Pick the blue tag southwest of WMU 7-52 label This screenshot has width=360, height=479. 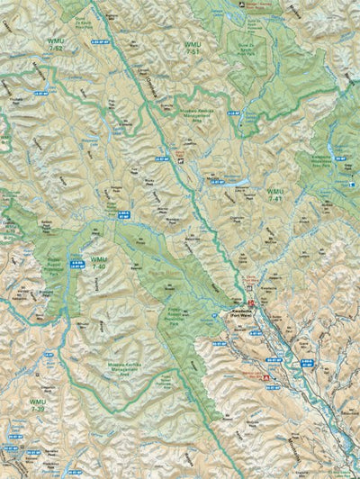pos(40,93)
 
